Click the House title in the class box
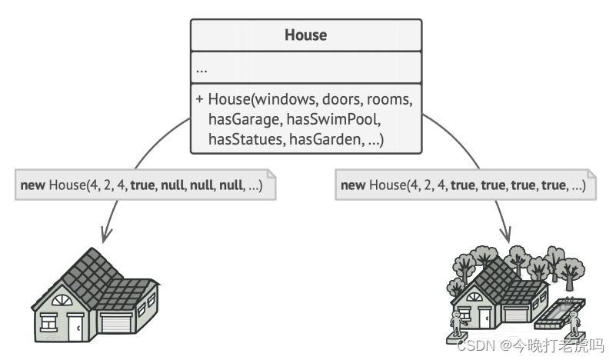coord(305,35)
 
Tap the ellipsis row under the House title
coord(201,69)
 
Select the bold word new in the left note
coord(32,185)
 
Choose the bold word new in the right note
coord(353,185)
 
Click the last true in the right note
coord(552,185)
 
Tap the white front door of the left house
coord(75,328)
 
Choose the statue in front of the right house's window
coord(459,324)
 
